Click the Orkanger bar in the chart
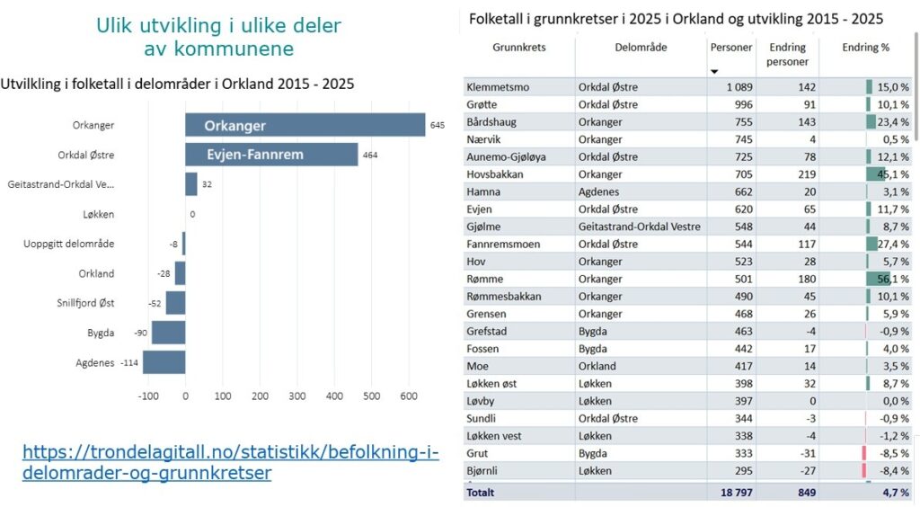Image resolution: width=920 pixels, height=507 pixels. click(x=305, y=125)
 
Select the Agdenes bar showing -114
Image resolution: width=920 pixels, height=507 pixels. click(x=164, y=362)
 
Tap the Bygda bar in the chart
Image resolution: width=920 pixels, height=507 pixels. click(x=168, y=333)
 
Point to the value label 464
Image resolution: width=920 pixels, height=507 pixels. click(x=370, y=155)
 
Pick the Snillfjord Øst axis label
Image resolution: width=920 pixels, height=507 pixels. click(x=84, y=303)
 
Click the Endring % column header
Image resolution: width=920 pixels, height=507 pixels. click(x=865, y=47)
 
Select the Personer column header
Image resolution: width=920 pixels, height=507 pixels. click(x=731, y=47)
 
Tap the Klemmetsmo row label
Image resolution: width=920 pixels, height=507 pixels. click(x=497, y=86)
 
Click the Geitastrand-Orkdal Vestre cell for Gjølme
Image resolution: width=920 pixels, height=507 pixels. click(x=639, y=227)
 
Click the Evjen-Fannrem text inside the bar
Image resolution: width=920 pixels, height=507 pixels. click(x=255, y=155)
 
